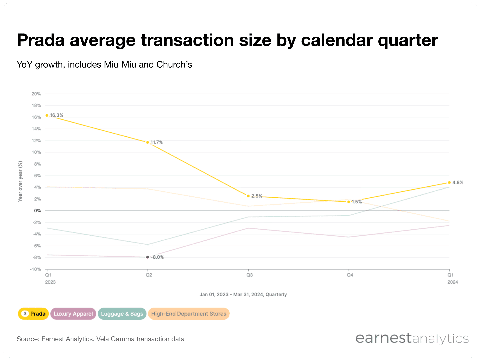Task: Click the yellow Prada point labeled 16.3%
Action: (47, 115)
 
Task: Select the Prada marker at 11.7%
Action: (148, 142)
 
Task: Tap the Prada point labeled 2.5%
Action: (248, 196)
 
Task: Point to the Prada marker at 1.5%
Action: (349, 202)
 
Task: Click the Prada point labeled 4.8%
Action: (449, 183)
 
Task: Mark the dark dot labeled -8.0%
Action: (148, 257)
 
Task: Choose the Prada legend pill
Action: (33, 314)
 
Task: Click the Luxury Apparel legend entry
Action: (73, 314)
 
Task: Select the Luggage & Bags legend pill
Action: (122, 314)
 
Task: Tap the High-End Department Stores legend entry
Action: (189, 314)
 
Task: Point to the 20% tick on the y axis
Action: (36, 94)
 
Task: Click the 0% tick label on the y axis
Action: (37, 211)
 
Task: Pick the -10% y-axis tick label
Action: (35, 269)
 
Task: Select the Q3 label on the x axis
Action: (249, 275)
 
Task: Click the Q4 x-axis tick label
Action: (350, 275)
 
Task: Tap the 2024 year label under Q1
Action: (453, 282)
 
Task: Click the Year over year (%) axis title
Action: (20, 181)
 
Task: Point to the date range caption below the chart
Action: (243, 295)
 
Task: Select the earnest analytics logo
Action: (412, 339)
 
